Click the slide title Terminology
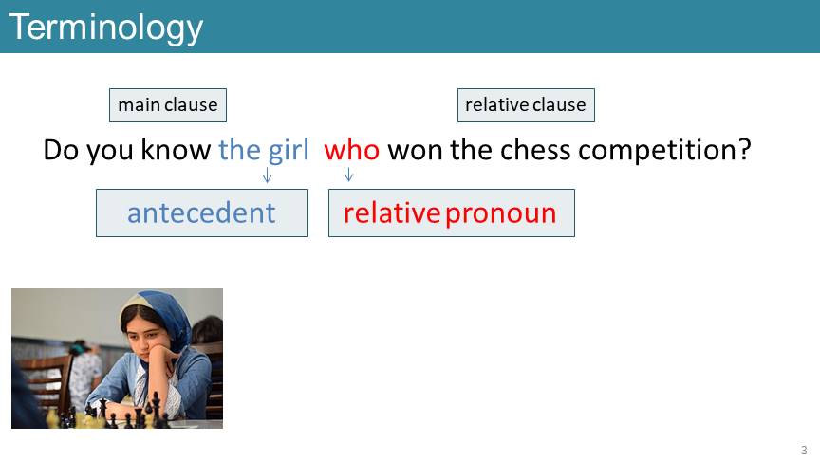(x=105, y=28)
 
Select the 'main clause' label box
(x=168, y=105)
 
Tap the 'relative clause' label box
(x=526, y=105)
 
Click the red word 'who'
(x=351, y=150)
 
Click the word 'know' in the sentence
(x=176, y=150)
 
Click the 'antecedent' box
(x=202, y=212)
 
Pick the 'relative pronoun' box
(x=452, y=212)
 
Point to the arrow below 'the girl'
(x=268, y=175)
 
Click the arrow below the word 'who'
(x=349, y=174)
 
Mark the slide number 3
(x=804, y=450)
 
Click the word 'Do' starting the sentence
(x=61, y=150)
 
